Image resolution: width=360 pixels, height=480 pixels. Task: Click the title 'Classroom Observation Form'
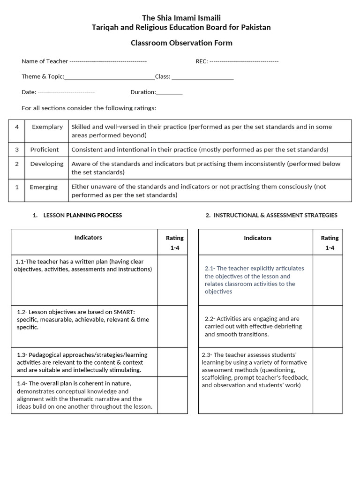(x=181, y=43)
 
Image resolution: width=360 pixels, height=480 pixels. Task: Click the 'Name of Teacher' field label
(x=45, y=61)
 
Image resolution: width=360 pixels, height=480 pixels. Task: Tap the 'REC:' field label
(x=202, y=61)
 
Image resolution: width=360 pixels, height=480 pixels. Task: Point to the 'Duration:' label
(x=143, y=92)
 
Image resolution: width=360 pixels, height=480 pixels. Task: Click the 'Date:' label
(x=29, y=92)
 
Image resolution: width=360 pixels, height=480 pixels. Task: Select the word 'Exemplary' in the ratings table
(x=47, y=127)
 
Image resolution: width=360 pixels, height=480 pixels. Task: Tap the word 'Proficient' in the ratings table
(x=45, y=150)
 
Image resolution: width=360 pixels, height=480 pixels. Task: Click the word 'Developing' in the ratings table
(x=46, y=164)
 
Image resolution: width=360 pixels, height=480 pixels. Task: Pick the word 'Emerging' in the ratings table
(x=44, y=187)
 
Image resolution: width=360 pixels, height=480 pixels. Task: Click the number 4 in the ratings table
(x=17, y=127)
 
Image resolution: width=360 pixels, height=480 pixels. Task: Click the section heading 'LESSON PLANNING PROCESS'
(x=82, y=215)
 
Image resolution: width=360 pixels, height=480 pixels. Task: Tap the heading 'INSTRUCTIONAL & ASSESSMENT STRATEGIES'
(x=275, y=215)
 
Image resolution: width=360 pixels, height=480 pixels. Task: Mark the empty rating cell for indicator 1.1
(x=172, y=279)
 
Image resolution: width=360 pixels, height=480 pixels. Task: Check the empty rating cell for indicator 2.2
(x=328, y=326)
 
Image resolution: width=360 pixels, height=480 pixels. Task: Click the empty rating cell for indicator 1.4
(x=172, y=395)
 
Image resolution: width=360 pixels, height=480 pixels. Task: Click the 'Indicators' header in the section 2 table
(x=257, y=238)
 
